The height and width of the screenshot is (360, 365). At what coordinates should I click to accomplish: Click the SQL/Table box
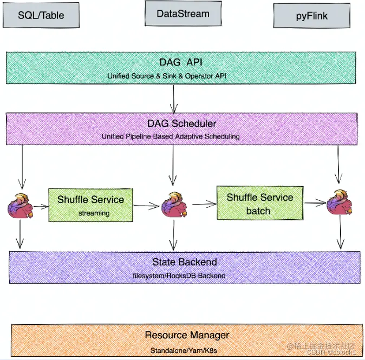point(41,15)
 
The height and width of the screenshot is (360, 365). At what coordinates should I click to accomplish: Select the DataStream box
point(183,14)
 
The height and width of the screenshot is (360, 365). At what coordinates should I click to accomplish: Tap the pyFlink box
point(312,16)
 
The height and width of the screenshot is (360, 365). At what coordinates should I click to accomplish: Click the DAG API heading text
point(181,62)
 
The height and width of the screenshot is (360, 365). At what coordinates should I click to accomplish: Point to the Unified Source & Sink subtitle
point(167,76)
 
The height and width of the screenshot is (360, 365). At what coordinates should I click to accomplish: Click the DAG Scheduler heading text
point(182,123)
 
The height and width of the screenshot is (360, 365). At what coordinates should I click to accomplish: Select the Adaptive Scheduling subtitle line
point(171,136)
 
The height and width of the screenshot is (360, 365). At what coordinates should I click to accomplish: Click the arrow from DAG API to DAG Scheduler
point(174,99)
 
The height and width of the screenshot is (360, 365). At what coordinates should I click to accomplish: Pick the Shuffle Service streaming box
point(90,205)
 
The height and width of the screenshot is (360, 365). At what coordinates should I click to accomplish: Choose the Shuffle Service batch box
point(260,203)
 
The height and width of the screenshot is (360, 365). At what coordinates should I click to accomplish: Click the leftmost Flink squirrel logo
point(20,206)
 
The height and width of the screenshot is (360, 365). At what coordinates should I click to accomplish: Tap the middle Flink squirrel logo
point(174,205)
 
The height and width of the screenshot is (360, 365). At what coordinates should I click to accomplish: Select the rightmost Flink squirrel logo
point(340,202)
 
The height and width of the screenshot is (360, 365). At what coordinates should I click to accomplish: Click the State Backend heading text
point(185,262)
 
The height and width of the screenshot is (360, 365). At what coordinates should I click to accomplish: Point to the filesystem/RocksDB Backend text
point(179,276)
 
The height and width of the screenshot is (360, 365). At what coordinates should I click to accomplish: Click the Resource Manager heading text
point(187,335)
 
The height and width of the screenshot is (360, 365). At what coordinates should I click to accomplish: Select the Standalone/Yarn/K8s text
point(184,350)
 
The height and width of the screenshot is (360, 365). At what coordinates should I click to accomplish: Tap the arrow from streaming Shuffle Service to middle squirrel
point(146,206)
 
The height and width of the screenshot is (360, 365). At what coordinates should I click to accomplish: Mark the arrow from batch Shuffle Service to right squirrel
point(315,202)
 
